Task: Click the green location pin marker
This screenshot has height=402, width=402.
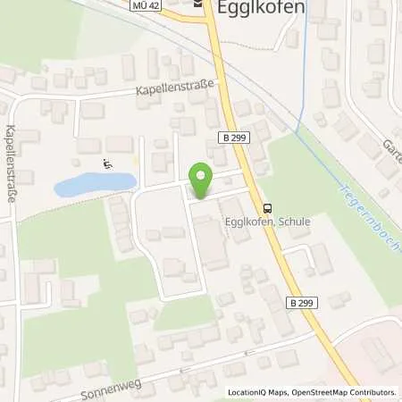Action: tap(202, 181)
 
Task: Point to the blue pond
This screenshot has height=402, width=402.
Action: tap(94, 185)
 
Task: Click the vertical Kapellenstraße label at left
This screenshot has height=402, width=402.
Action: tap(11, 162)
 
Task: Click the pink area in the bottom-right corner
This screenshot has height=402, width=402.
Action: tap(375, 357)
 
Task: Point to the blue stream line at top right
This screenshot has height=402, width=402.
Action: tap(306, 36)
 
